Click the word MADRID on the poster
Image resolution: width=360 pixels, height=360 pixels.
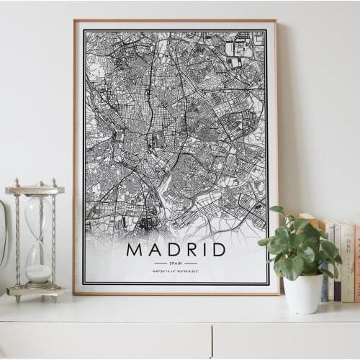[176, 250]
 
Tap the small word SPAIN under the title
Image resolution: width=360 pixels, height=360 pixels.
[176, 263]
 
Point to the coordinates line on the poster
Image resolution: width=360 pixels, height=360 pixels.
[176, 271]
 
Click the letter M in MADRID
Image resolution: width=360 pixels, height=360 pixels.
[134, 250]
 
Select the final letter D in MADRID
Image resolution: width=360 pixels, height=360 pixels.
[218, 250]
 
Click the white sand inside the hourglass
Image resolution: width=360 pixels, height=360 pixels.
[38, 273]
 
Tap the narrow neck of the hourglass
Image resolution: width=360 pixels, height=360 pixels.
[37, 241]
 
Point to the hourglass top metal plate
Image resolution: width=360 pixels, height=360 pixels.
[35, 189]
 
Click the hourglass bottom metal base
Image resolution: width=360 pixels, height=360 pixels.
[35, 290]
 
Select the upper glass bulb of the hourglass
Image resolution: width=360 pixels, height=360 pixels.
[37, 215]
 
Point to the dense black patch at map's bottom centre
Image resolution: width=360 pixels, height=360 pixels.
[148, 223]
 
